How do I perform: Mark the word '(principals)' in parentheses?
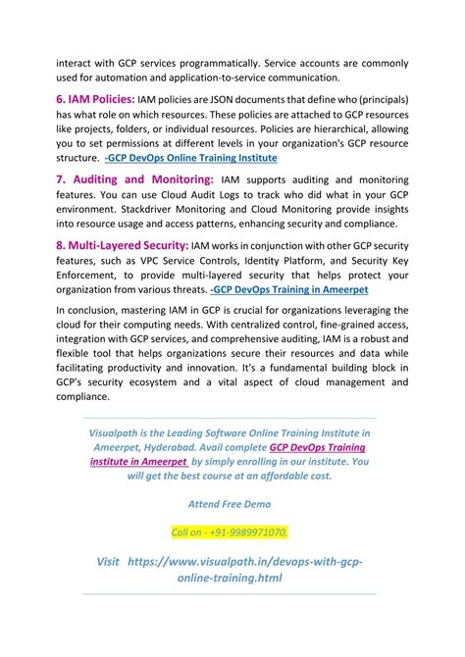(x=381, y=100)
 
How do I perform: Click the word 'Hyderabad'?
(x=164, y=445)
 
